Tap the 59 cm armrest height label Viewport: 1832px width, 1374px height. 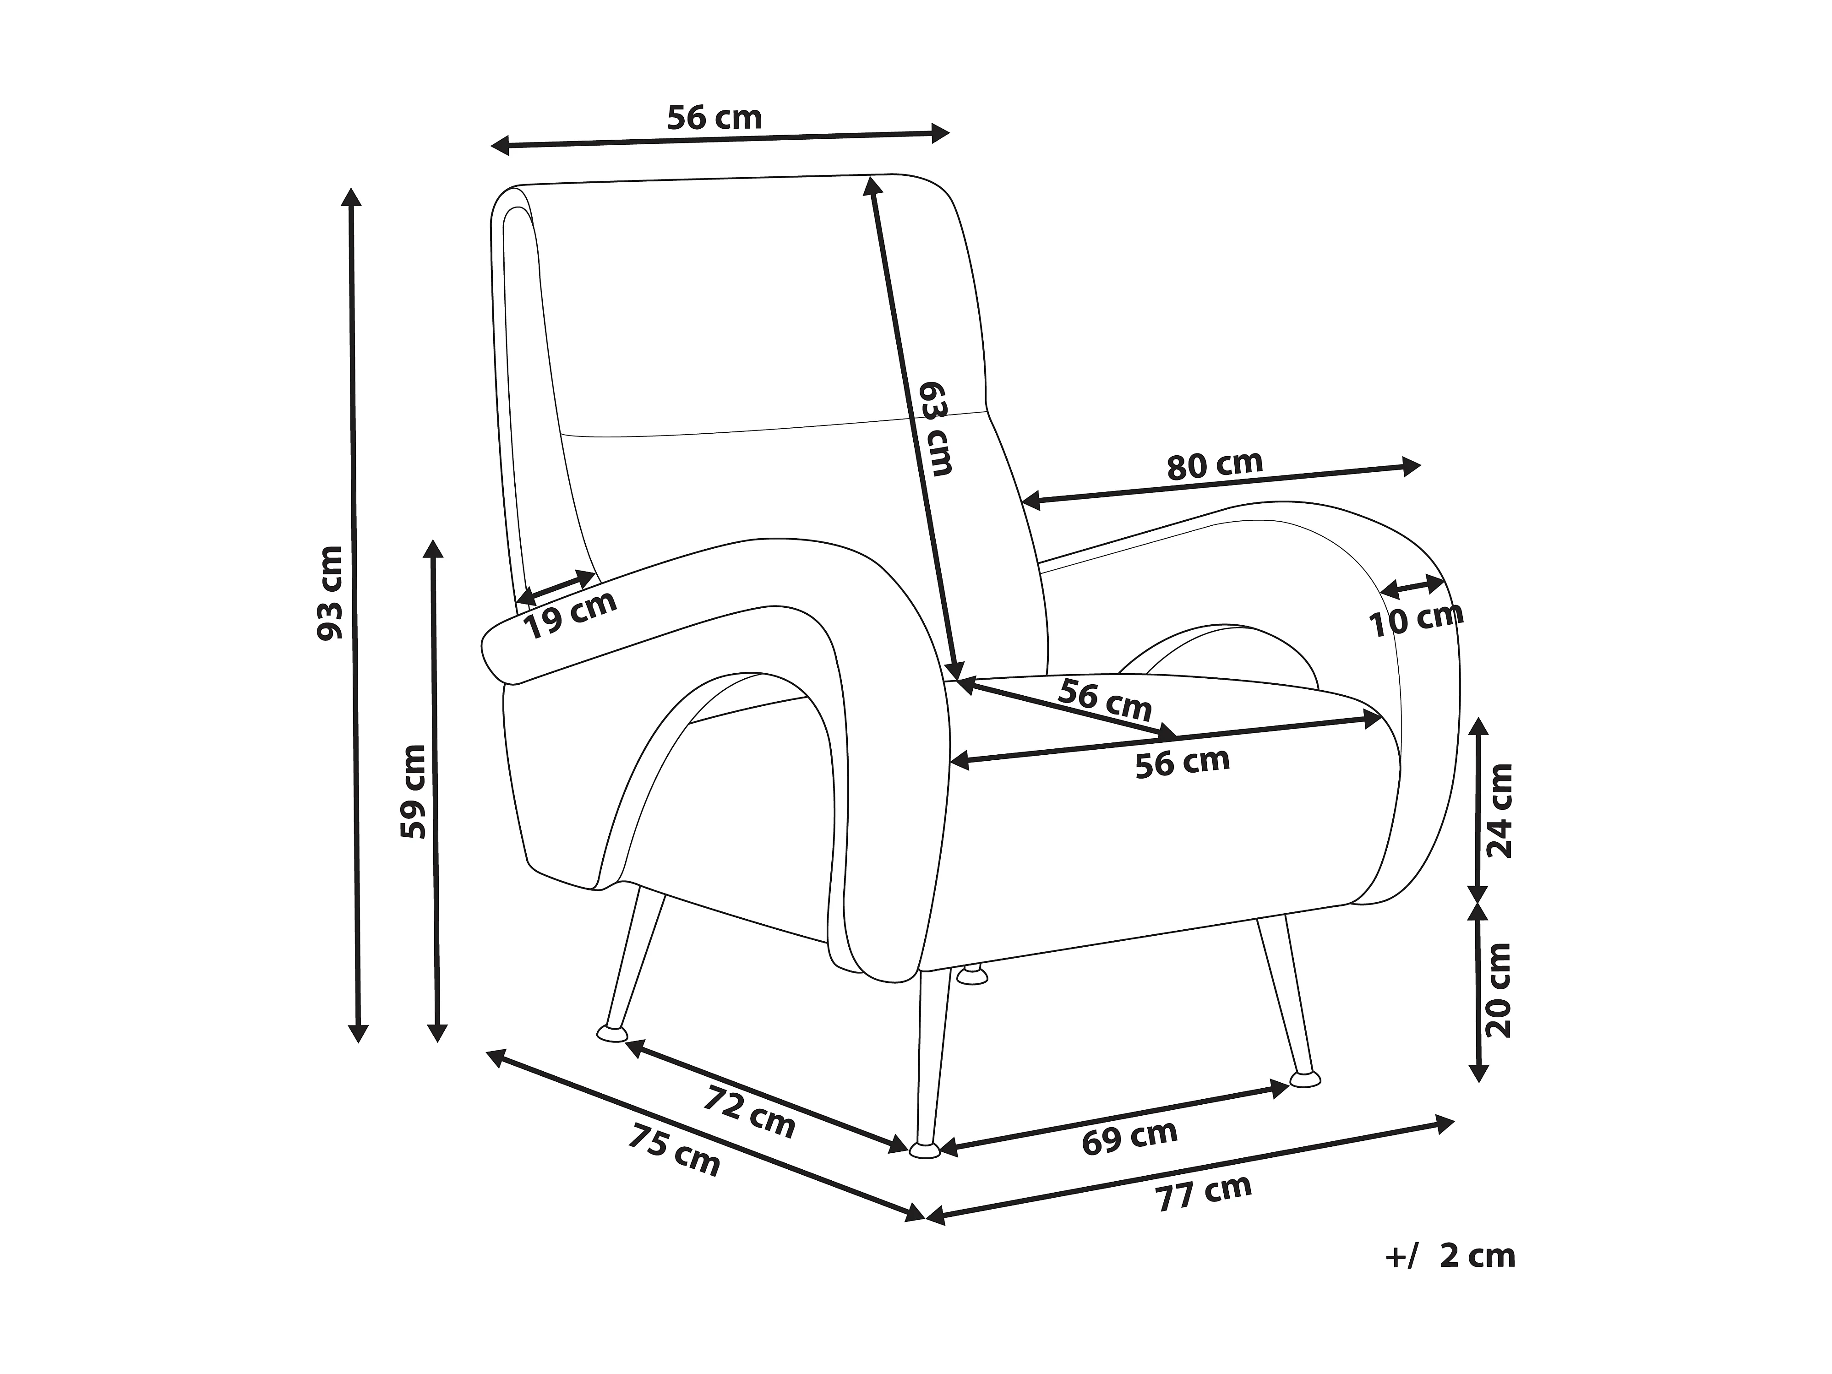[413, 791]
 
